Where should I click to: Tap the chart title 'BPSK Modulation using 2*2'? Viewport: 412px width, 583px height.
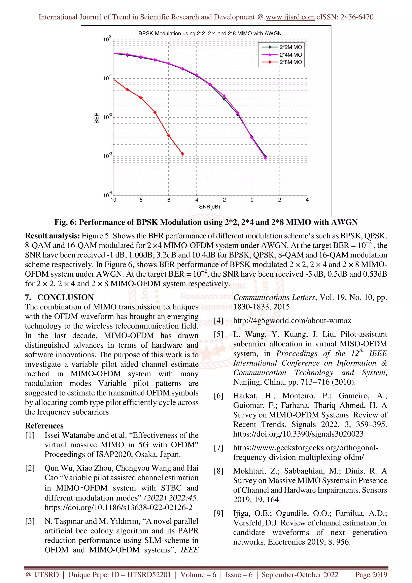[210, 34]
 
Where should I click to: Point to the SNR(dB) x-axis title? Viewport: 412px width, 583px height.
[209, 207]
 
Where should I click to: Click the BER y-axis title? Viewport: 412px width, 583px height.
[97, 118]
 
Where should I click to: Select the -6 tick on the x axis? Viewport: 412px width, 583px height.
[168, 200]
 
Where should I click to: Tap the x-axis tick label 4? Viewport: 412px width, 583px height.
[307, 200]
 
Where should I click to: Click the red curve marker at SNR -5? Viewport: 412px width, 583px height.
[182, 154]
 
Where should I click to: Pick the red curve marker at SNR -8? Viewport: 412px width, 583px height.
[141, 98]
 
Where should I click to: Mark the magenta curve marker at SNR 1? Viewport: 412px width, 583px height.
[266, 158]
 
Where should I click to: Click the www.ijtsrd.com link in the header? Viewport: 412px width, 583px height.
[290, 17]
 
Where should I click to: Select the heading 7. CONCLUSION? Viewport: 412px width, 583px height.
[59, 297]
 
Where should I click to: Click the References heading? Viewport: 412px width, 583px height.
[44, 426]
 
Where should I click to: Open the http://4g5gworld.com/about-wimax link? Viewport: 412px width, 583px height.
[292, 321]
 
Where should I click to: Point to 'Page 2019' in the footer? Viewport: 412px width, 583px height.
[371, 575]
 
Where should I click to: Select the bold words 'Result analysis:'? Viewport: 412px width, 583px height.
[52, 236]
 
